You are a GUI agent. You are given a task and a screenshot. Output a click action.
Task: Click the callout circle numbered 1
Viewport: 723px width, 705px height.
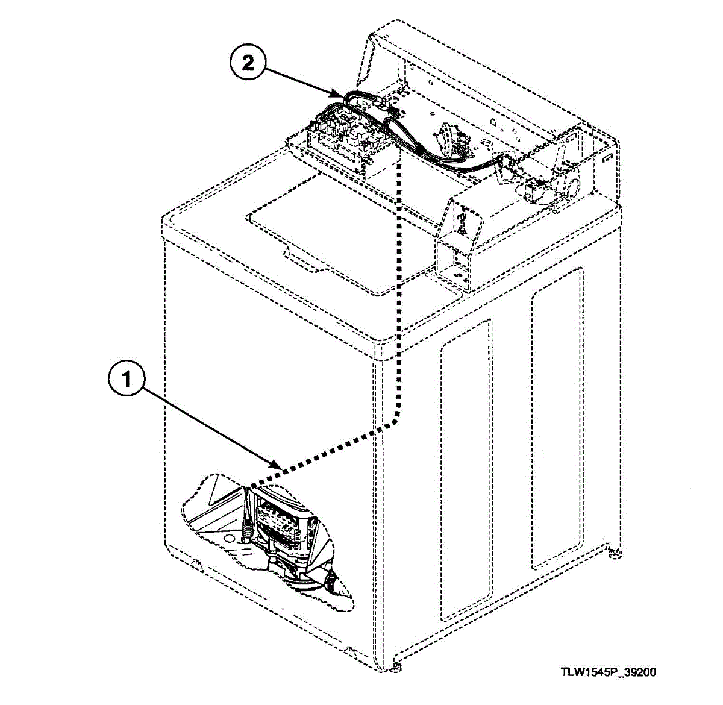(126, 379)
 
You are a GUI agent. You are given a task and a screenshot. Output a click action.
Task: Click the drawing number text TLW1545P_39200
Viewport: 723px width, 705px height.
(609, 672)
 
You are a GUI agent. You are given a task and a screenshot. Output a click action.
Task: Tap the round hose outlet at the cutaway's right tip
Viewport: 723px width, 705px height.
(332, 583)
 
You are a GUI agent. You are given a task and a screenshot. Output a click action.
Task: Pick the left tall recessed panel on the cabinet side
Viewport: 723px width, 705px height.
(465, 470)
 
